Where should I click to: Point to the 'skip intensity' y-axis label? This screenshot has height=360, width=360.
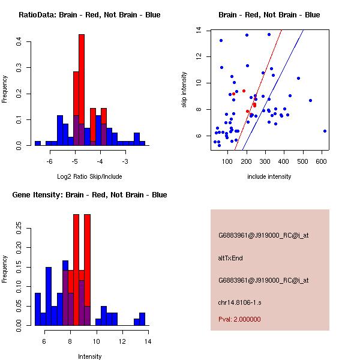184,90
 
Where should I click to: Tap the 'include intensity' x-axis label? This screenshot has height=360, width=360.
269,176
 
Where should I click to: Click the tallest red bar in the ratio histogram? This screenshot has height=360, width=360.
82,90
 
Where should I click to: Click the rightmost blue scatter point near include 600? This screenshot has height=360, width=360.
325,131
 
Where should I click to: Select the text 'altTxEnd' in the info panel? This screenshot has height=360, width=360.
230,258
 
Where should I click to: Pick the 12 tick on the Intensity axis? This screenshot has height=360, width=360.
122,341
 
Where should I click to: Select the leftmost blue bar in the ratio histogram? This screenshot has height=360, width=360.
38,143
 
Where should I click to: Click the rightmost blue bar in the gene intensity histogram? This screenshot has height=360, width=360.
142,319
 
